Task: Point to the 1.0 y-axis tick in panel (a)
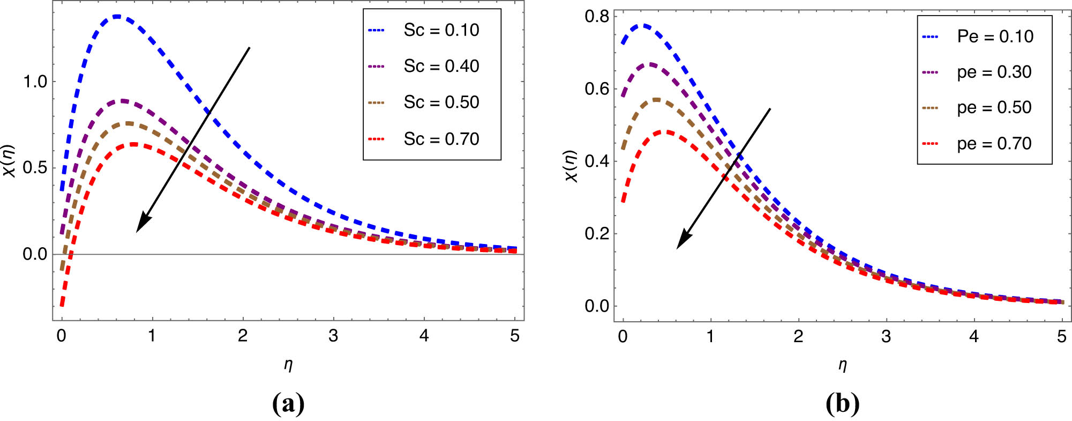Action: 35,82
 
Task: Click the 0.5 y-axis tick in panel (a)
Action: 35,168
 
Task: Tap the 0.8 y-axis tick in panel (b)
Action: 597,17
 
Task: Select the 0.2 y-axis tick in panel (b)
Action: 597,234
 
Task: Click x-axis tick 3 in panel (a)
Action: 333,336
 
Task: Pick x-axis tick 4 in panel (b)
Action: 974,337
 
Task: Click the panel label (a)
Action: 288,403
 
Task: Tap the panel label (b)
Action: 842,403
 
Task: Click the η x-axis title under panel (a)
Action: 288,365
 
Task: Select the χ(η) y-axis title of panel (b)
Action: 572,166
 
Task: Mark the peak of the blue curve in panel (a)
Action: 117,17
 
